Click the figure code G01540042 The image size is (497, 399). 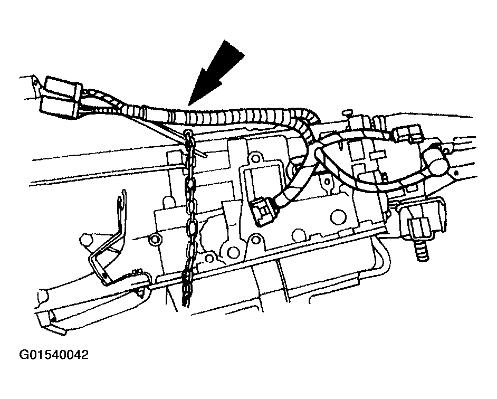[x=54, y=354]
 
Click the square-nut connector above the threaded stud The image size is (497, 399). [x=419, y=227]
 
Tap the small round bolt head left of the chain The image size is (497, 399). [x=155, y=238]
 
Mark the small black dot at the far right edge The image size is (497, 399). [x=456, y=173]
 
